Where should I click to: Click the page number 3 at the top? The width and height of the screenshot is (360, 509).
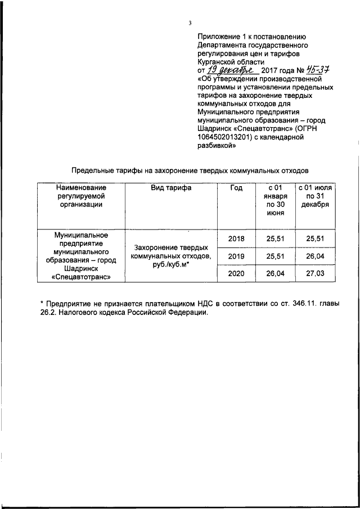pyautogui.click(x=190, y=22)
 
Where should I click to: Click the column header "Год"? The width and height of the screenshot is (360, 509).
pyautogui.click(x=236, y=188)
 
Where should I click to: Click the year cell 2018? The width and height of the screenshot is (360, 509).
pyautogui.click(x=236, y=238)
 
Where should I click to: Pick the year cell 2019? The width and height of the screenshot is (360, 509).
pyautogui.click(x=236, y=256)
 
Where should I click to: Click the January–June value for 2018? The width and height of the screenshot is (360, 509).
pyautogui.click(x=276, y=238)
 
